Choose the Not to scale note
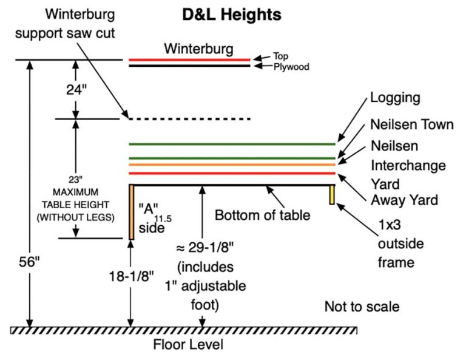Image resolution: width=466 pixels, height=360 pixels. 362,307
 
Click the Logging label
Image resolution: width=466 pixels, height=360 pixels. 395,98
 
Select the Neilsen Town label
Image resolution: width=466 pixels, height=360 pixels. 412,125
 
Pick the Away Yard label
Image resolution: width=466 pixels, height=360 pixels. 404,199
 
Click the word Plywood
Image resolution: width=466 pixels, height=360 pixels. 291,67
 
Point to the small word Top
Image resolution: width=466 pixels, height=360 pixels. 280,56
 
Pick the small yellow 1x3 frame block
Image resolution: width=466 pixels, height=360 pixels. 332,194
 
